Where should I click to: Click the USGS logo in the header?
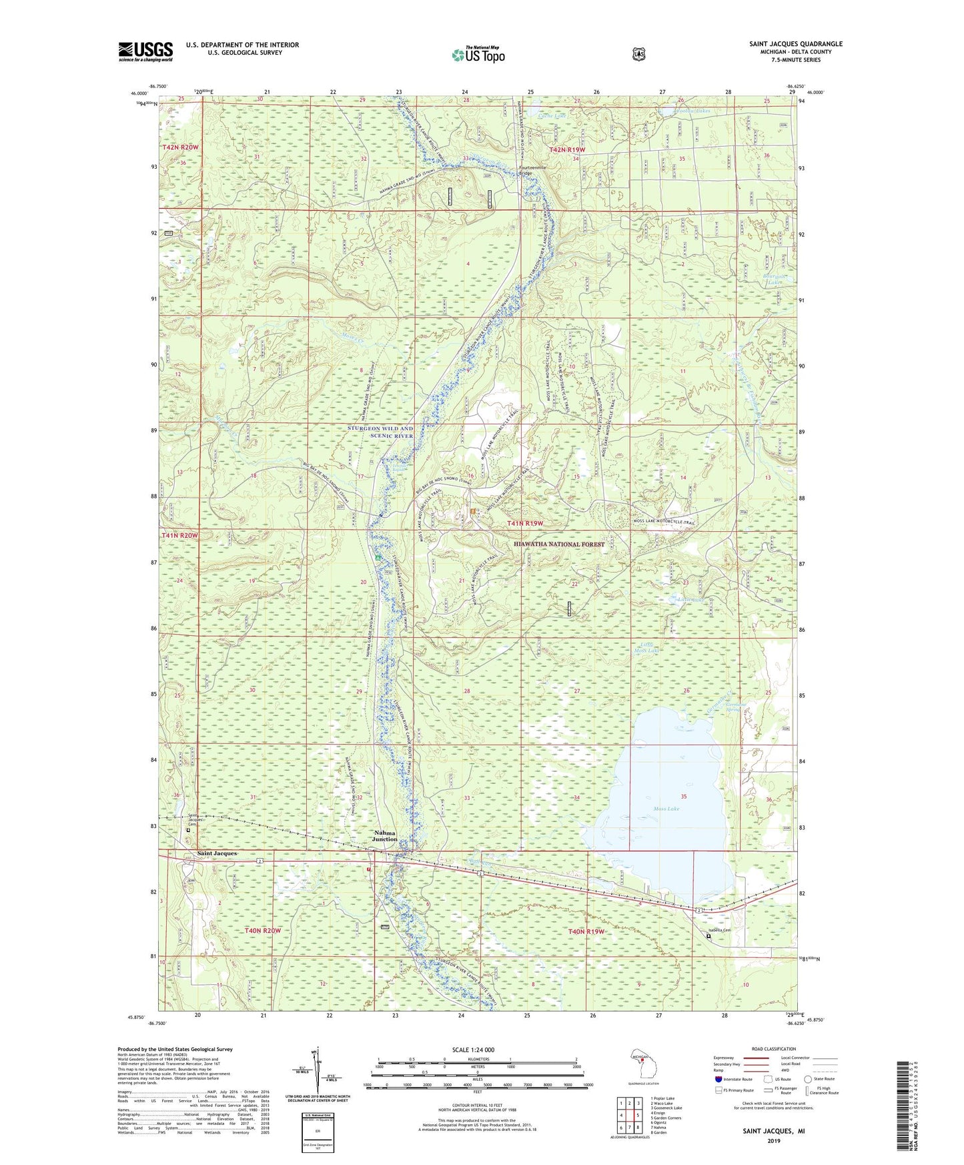[145, 51]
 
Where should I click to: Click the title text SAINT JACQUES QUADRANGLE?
[795, 44]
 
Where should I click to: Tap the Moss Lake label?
[666, 809]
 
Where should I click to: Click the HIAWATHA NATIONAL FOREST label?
[560, 544]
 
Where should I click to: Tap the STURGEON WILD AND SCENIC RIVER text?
[380, 432]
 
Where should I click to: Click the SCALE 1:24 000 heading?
[473, 1050]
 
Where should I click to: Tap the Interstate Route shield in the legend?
[718, 1078]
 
